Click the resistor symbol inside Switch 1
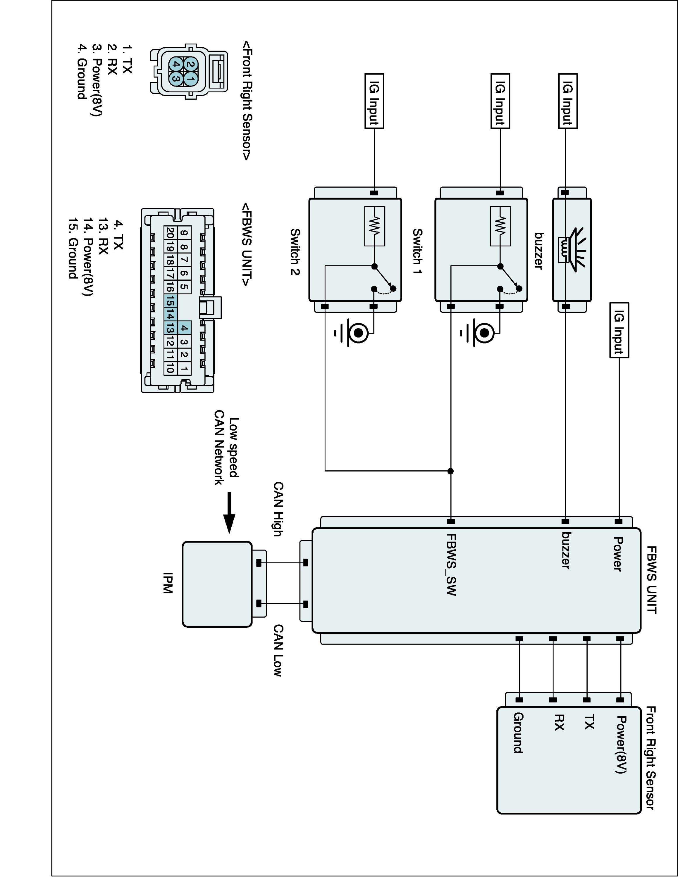500,226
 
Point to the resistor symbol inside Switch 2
374,226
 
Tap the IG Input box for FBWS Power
619,330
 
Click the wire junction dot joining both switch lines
451,471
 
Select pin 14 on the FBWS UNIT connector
170,315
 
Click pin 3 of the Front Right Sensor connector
175,78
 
